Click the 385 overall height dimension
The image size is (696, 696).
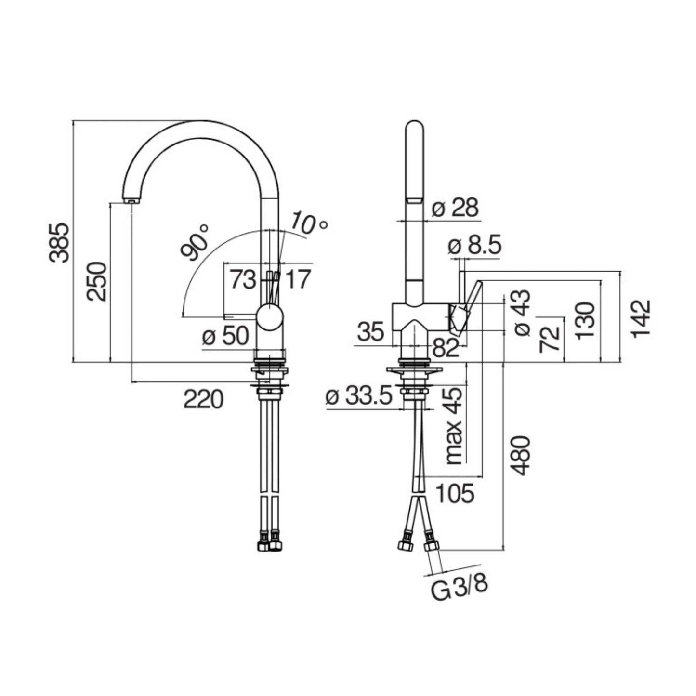tap(60, 242)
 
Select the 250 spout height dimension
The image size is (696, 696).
tap(97, 281)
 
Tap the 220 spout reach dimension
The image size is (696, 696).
tap(203, 399)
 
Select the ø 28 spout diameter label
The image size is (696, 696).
tap(455, 208)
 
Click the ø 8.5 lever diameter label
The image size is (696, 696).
tap(474, 246)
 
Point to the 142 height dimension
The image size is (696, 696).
tap(642, 318)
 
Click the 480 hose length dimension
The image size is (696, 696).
tap(520, 455)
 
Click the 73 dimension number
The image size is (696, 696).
tap(242, 280)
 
